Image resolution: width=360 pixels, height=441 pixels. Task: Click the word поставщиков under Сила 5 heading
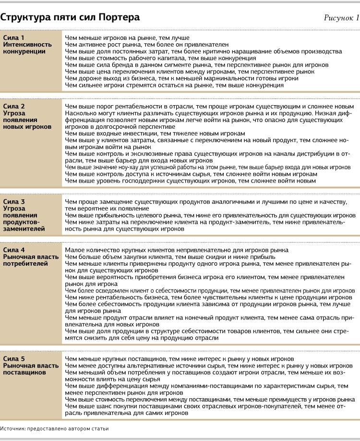click(x=24, y=373)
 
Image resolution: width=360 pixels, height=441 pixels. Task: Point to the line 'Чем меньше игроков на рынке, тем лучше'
click(x=127, y=37)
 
